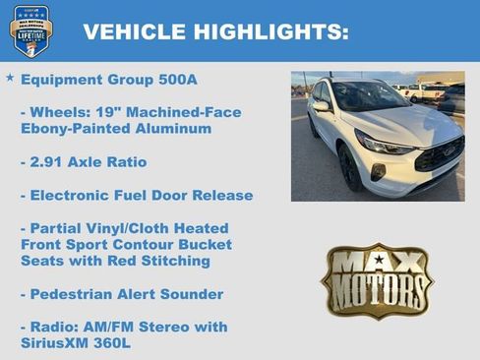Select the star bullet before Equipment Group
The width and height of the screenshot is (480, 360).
click(x=10, y=77)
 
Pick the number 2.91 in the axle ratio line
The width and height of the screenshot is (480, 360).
click(x=49, y=161)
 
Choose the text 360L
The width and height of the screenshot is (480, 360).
click(x=111, y=343)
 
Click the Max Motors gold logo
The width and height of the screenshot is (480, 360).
click(x=377, y=280)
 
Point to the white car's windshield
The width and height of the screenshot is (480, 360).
click(x=369, y=96)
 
